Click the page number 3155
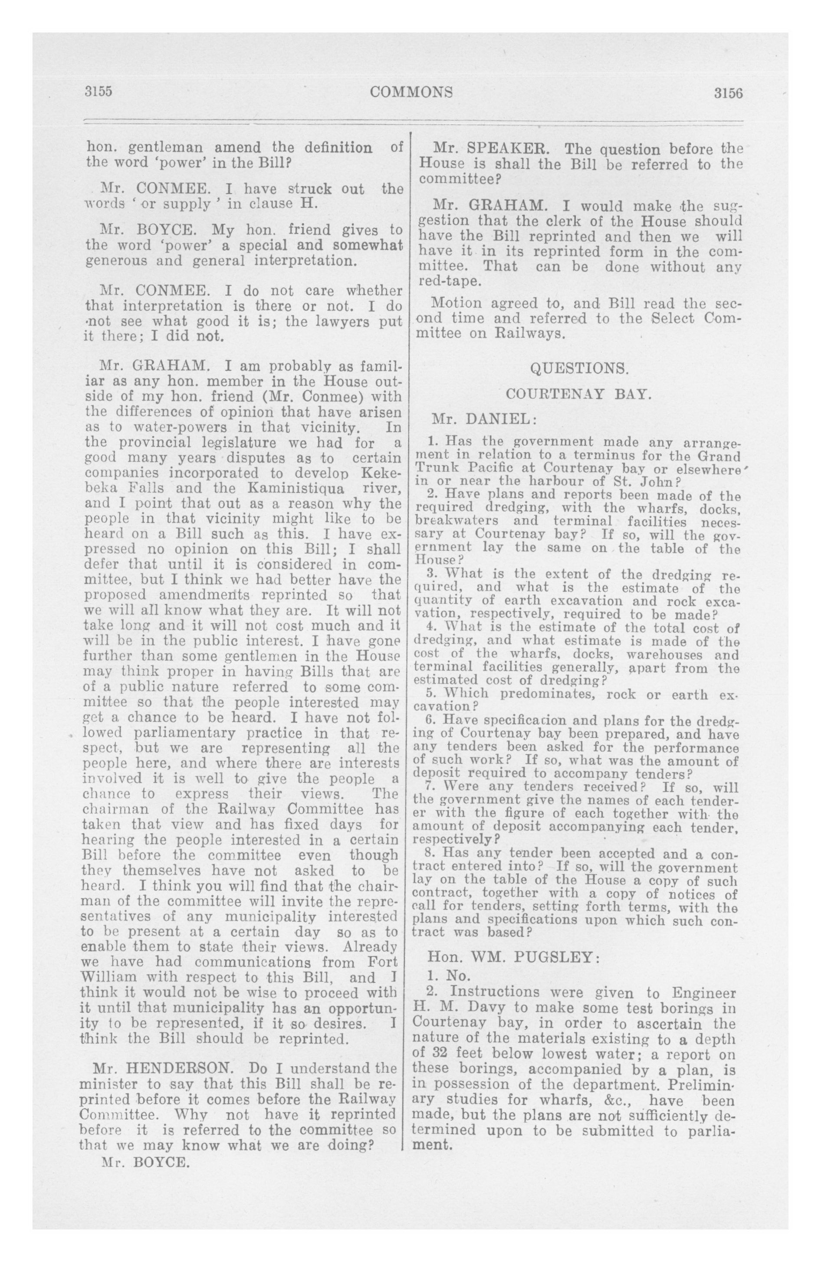tap(99, 91)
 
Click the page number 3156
tap(728, 93)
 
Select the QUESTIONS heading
tap(579, 368)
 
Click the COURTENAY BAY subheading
tap(578, 394)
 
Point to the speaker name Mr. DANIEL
tap(484, 419)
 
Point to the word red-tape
tap(450, 282)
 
